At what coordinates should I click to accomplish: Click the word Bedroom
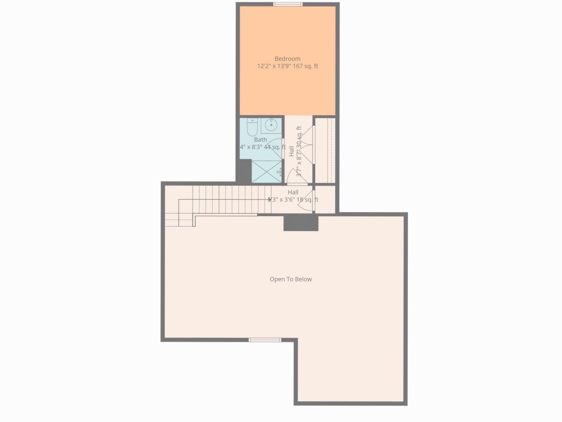tap(287, 59)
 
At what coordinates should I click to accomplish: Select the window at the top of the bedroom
tap(287, 4)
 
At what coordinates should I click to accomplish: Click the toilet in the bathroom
tap(251, 128)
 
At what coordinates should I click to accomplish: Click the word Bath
tap(260, 140)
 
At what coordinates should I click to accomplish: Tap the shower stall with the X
tap(266, 171)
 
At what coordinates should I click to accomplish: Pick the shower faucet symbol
tap(280, 172)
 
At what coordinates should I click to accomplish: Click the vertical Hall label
tap(292, 151)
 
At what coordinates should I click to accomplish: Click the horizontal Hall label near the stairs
tap(293, 193)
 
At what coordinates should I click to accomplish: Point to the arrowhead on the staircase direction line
tap(270, 200)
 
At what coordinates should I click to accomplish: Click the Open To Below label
tap(291, 279)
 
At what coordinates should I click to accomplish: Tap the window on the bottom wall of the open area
tap(265, 340)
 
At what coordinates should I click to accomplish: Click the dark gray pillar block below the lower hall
tap(301, 223)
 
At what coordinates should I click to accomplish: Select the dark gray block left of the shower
tap(244, 171)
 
